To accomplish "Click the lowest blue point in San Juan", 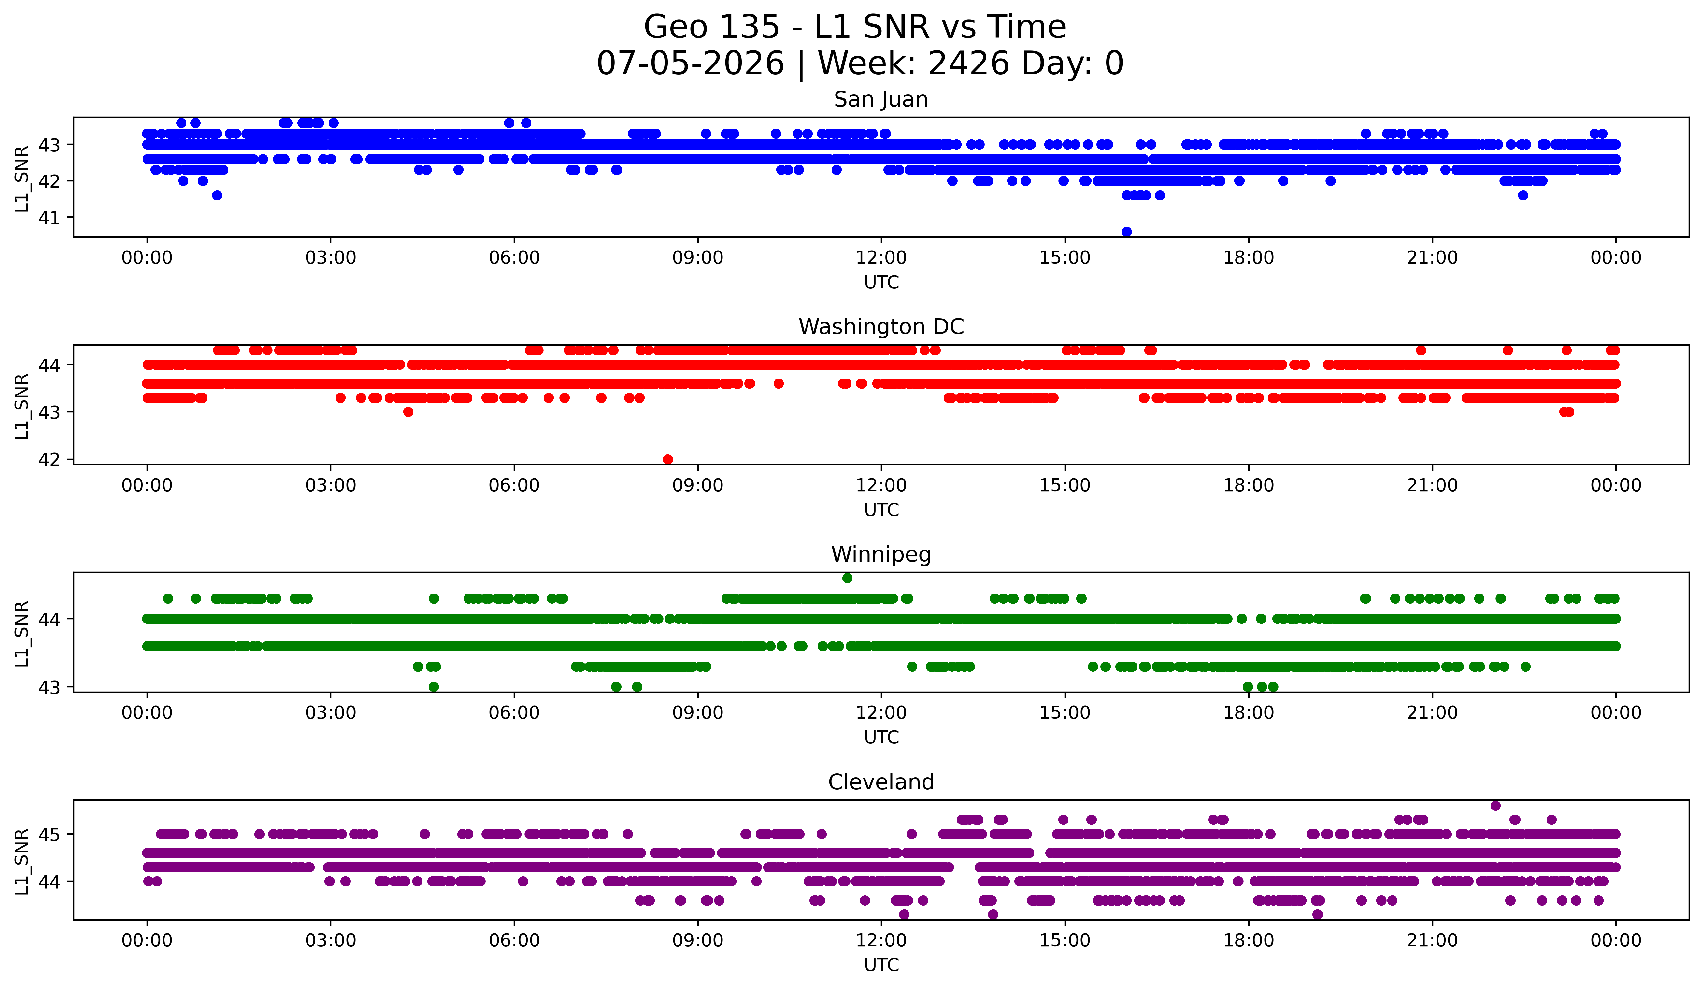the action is tap(1126, 232).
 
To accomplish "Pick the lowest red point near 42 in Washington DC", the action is tap(668, 459).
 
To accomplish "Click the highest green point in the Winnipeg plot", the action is tap(848, 578).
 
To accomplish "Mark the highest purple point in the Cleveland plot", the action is tap(1495, 806).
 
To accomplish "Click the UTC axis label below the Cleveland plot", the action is tap(881, 965).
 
